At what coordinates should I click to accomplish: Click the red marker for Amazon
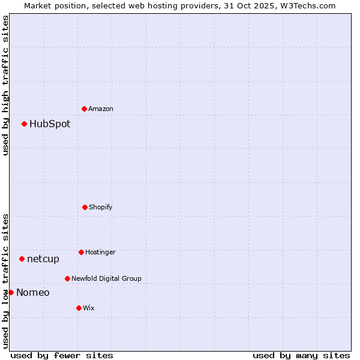tap(84, 109)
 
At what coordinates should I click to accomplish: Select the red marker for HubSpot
tap(24, 124)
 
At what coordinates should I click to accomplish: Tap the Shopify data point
tap(85, 207)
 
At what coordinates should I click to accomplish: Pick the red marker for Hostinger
tap(81, 252)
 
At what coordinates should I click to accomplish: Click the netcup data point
tap(22, 259)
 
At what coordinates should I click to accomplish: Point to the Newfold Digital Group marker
tap(67, 278)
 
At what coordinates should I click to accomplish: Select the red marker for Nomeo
tap(11, 293)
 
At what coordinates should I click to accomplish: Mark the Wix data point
tap(79, 308)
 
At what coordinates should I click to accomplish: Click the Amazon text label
tap(101, 109)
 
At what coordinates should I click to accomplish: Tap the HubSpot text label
tap(50, 124)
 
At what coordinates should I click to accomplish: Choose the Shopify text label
tap(101, 207)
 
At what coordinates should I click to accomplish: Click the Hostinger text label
tap(100, 252)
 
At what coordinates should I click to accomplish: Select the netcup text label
tap(43, 259)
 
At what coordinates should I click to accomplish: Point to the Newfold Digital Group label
tap(106, 278)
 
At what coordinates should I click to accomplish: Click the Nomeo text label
tap(33, 293)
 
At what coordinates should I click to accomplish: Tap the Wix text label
tap(89, 308)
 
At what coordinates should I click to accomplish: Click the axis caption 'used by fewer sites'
tap(62, 355)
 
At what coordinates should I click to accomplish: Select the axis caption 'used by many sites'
tap(301, 355)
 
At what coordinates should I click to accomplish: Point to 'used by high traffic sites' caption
tap(5, 85)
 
